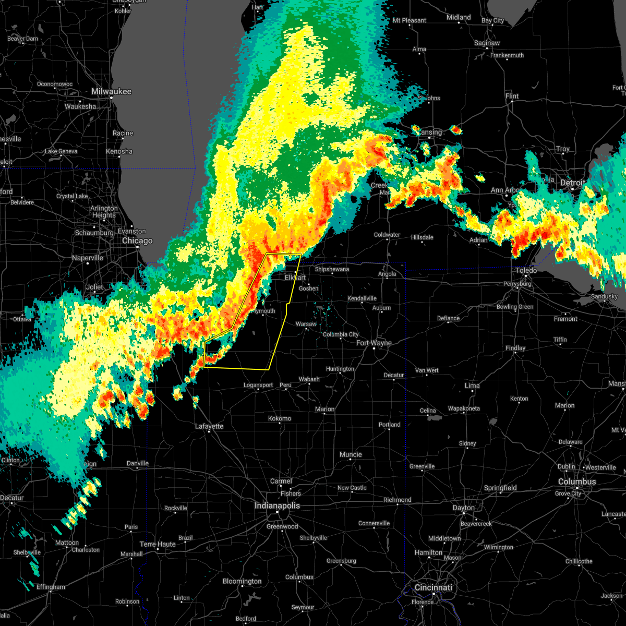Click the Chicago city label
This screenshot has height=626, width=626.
[x=137, y=240]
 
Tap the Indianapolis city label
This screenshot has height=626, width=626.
[x=277, y=505]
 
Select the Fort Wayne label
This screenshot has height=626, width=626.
[x=374, y=343]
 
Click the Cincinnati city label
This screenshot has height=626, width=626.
[x=434, y=587]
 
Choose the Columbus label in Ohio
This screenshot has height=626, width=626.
[x=577, y=481]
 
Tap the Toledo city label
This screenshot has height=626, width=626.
[x=526, y=270]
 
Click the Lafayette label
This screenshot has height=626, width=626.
[x=209, y=426]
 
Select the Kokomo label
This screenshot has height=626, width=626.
[x=280, y=418]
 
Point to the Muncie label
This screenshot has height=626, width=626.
[x=351, y=454]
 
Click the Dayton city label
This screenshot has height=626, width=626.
[x=464, y=508]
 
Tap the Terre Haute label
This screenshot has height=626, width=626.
[x=158, y=544]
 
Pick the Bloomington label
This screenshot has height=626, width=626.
[x=242, y=581]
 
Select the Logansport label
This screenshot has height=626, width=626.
[x=258, y=386]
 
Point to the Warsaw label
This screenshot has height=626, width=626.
[x=306, y=324]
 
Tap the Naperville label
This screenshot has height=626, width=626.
[x=88, y=258]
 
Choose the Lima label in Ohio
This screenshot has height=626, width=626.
[x=472, y=386]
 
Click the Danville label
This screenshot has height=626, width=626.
[x=138, y=463]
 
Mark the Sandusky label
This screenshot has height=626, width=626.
[x=605, y=296]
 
